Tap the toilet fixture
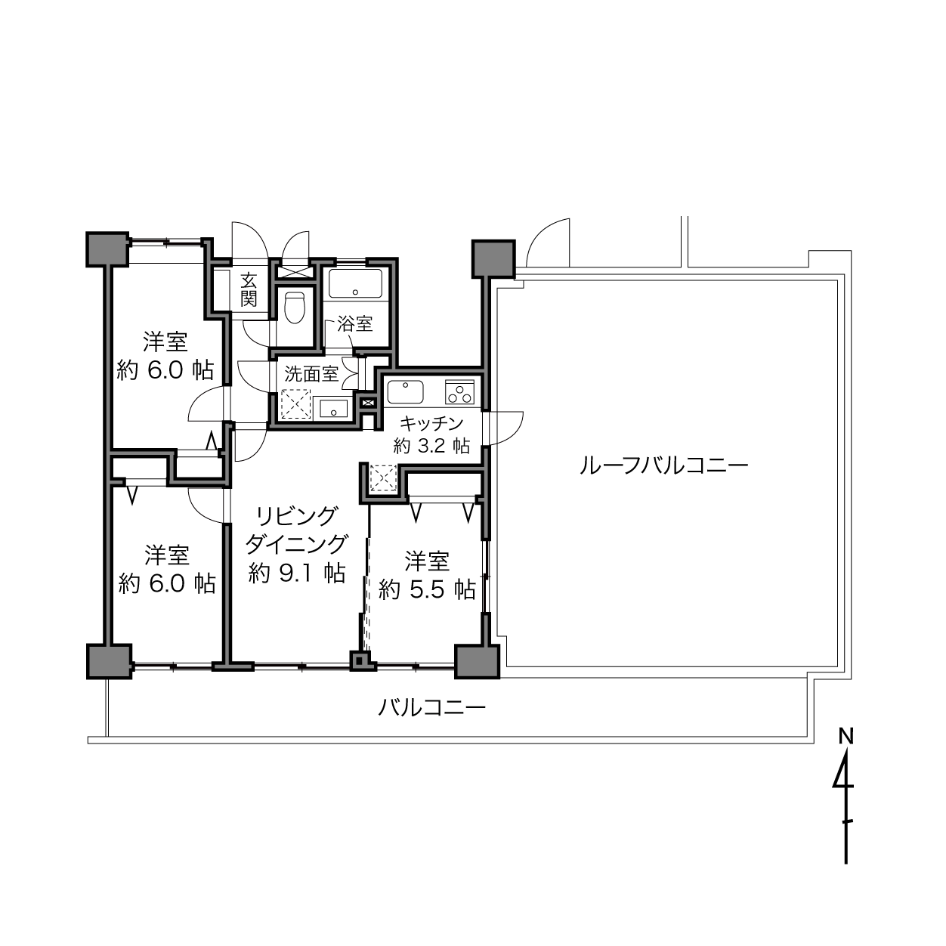coord(295,308)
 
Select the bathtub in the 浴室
coord(355,283)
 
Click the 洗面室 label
coord(311,375)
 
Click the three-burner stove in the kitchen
coord(459,392)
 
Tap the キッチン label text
coord(431,422)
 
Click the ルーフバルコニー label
coord(664,465)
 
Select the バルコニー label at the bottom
coord(431,708)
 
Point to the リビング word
coord(297,516)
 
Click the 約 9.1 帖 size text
coord(297,573)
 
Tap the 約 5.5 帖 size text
coord(427,589)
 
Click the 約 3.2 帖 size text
coord(431,446)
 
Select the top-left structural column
coord(107,249)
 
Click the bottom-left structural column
coord(109,662)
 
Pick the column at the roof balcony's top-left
coord(493,258)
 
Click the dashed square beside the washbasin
coord(296,405)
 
